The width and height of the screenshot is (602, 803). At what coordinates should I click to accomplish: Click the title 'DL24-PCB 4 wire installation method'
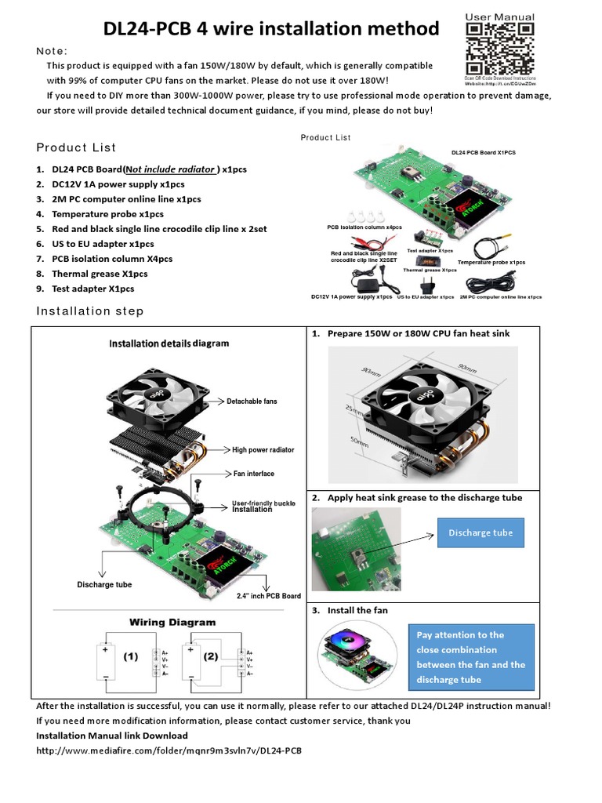pos(272,29)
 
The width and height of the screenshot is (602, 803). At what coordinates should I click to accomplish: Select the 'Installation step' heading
pos(90,311)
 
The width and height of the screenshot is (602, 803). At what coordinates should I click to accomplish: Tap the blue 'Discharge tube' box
pos(481,532)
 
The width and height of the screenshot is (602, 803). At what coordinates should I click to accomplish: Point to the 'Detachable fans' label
pos(252,401)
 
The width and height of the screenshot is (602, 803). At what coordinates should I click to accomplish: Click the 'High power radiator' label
pos(263,450)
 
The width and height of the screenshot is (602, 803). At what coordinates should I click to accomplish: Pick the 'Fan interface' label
pos(254,474)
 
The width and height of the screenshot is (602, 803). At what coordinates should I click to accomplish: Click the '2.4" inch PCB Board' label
pos(269,596)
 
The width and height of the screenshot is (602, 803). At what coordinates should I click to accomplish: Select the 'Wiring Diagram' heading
pos(172,622)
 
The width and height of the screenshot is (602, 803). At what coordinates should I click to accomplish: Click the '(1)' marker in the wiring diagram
pos(131,658)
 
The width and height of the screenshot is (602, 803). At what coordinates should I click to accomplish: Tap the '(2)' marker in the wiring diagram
pos(212,657)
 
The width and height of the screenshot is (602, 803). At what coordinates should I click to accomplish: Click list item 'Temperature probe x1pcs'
pos(107,214)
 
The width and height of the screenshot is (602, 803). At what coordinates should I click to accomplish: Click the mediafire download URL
pos(169,750)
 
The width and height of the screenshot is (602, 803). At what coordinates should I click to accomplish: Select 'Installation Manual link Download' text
pos(112,736)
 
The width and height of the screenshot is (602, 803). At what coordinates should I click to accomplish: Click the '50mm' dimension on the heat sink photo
pos(358,442)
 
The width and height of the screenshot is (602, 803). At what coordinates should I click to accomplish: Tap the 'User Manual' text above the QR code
pos(500,16)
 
